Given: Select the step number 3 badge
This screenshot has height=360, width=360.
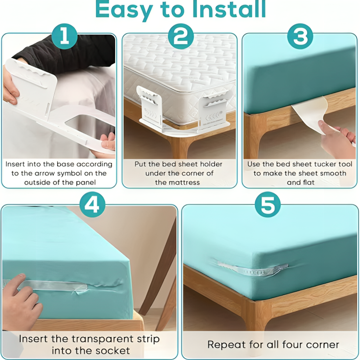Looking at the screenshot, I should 300,37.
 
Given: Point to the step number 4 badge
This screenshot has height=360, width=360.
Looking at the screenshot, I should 92,205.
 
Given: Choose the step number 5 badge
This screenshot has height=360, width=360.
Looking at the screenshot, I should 267,205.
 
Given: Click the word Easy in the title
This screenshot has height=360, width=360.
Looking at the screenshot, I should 126,10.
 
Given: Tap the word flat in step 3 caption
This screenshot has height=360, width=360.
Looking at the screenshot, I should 308,182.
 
